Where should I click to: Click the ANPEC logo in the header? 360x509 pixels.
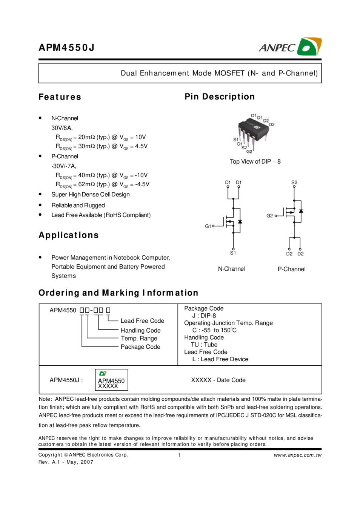pyautogui.click(x=290, y=47)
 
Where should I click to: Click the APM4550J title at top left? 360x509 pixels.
pyautogui.click(x=66, y=48)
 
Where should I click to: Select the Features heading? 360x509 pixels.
pyautogui.click(x=60, y=97)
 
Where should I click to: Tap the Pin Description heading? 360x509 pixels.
pyautogui.click(x=220, y=97)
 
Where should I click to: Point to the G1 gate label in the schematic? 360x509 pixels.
pyautogui.click(x=208, y=226)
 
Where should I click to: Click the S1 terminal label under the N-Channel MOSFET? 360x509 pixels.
pyautogui.click(x=233, y=253)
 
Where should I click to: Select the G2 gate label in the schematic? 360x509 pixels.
pyautogui.click(x=269, y=216)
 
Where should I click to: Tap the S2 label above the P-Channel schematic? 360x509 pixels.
pyautogui.click(x=294, y=182)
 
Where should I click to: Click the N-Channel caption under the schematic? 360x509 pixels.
pyautogui.click(x=231, y=269)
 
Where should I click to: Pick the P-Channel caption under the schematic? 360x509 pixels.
pyautogui.click(x=291, y=269)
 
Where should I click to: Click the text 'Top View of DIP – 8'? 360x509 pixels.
pyautogui.click(x=255, y=161)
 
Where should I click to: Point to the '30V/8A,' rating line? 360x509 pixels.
pyautogui.click(x=62, y=128)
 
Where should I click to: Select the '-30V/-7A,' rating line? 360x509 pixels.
pyautogui.click(x=64, y=166)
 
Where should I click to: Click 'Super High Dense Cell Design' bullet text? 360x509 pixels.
pyautogui.click(x=91, y=195)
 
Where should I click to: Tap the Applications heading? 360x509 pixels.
pyautogui.click(x=69, y=235)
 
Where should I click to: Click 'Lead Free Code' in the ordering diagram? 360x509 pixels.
pyautogui.click(x=142, y=321)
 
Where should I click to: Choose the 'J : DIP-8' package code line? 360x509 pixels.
pyautogui.click(x=204, y=316)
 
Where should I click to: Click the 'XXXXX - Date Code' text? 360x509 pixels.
pyautogui.click(x=218, y=380)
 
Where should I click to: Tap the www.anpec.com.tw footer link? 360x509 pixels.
pyautogui.click(x=298, y=455)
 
